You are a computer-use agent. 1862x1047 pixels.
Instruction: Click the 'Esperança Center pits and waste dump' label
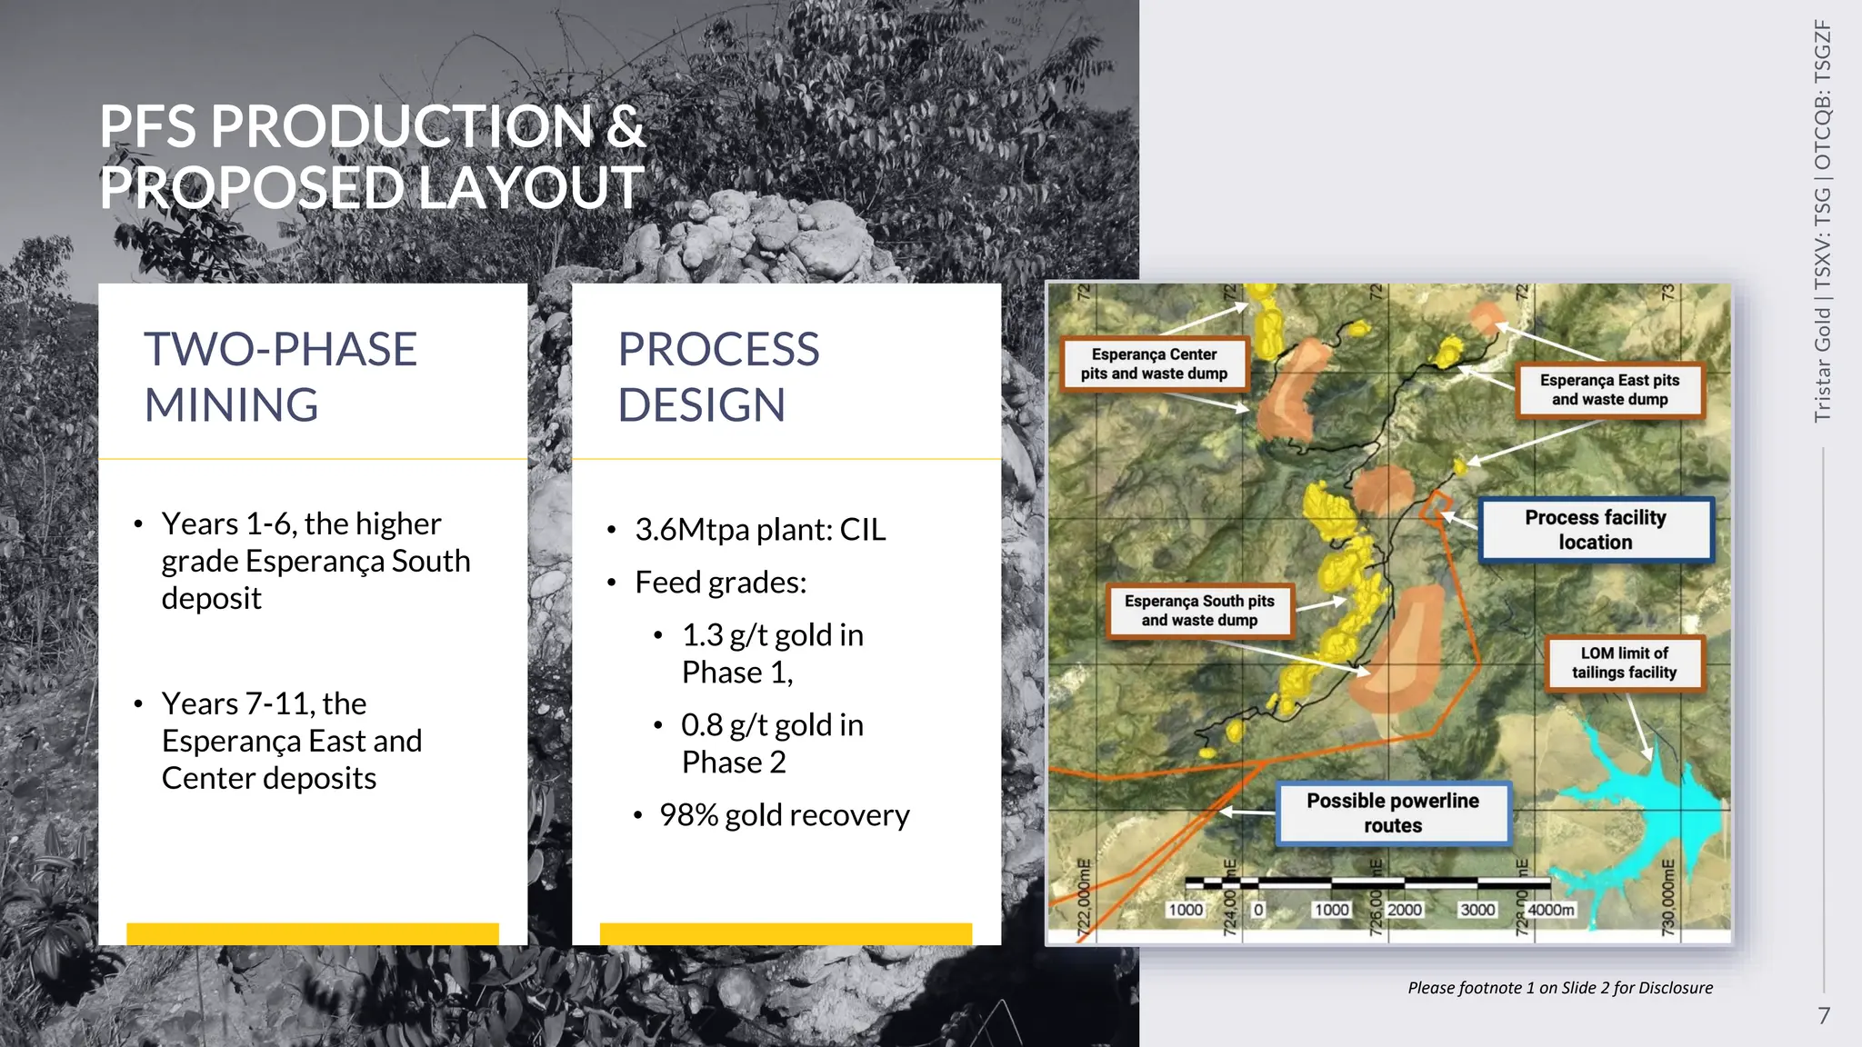[1154, 364]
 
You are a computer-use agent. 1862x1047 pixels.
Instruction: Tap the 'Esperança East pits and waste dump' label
[1609, 390]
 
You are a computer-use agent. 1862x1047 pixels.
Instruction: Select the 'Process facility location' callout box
[1596, 530]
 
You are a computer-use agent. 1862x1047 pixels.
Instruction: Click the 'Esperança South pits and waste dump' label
[1199, 611]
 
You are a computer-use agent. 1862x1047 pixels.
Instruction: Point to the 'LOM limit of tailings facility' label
[1624, 663]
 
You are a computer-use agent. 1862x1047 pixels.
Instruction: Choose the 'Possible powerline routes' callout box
[1393, 813]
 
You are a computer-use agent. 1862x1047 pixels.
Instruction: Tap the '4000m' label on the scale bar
[1551, 910]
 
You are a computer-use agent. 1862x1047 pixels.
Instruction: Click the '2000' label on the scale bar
[1404, 910]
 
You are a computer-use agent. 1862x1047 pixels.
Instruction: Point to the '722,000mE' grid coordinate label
[1083, 896]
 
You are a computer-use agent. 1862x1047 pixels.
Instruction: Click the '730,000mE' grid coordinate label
[1667, 896]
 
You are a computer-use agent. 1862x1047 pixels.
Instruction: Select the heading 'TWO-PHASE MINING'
[280, 376]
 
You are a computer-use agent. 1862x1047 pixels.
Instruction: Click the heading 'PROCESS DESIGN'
[718, 376]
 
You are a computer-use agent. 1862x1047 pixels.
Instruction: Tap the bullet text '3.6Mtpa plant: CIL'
[760, 529]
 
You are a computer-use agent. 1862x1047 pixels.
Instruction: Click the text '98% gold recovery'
[784, 815]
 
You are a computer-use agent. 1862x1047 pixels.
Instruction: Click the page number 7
[1823, 1015]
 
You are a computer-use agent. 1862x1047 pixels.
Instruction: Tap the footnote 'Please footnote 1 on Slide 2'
[1559, 988]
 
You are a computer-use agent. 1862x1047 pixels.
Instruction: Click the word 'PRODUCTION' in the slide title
[401, 126]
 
